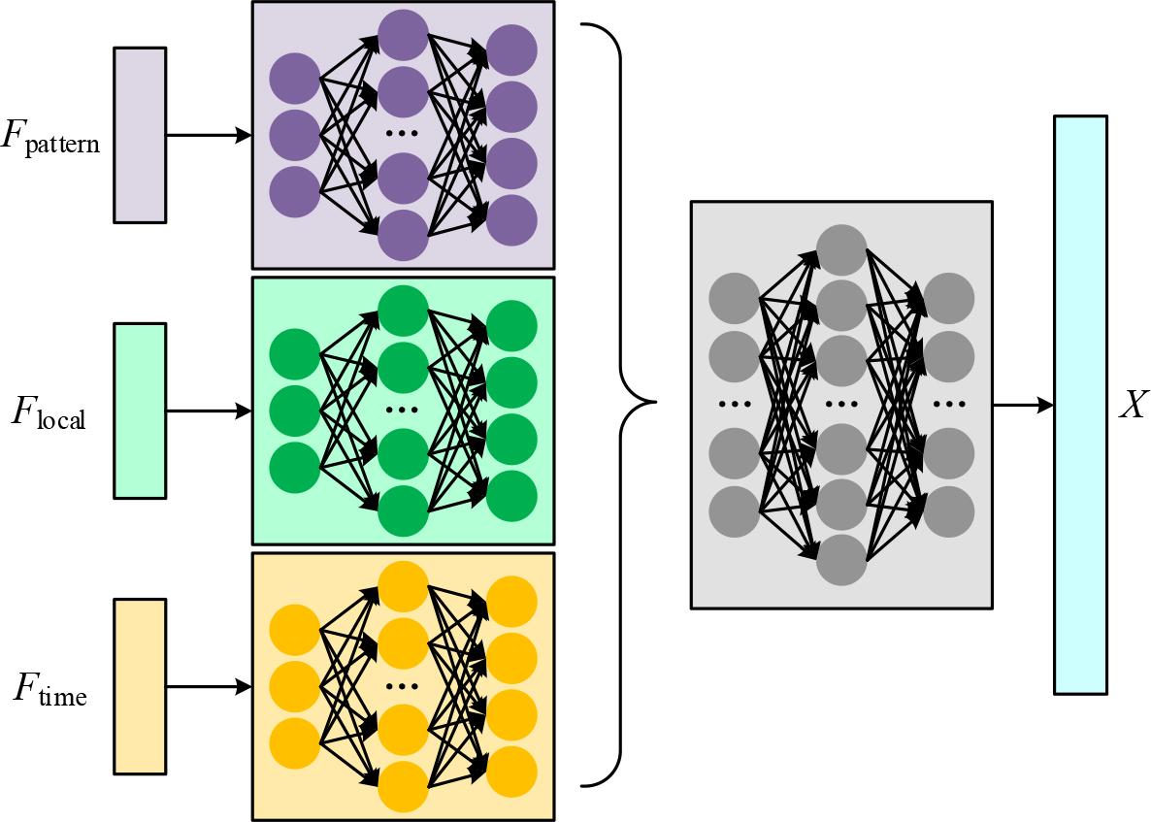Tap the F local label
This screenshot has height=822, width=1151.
(x=49, y=412)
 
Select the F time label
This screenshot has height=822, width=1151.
(x=49, y=690)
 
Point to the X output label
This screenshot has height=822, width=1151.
(x=1132, y=406)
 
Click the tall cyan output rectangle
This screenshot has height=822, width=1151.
(x=1080, y=405)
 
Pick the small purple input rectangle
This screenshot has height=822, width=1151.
(x=140, y=136)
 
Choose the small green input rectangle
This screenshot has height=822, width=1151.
(x=140, y=411)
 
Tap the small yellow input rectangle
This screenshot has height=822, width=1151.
(x=140, y=686)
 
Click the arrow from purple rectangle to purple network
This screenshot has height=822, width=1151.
(x=209, y=136)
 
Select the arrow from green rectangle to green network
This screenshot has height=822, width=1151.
(x=209, y=411)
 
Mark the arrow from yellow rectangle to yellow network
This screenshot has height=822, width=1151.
(x=209, y=687)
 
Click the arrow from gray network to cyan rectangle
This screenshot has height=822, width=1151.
(x=1023, y=405)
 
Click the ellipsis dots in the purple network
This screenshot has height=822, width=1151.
(x=402, y=134)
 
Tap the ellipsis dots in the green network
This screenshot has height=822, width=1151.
(x=402, y=410)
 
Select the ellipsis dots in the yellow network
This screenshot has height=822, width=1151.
(x=402, y=685)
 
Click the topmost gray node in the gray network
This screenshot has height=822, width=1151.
(x=841, y=249)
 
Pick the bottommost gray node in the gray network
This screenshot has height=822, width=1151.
(x=841, y=560)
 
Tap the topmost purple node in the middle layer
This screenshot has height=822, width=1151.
(x=403, y=35)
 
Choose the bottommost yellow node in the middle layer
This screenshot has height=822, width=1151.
(x=403, y=786)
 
